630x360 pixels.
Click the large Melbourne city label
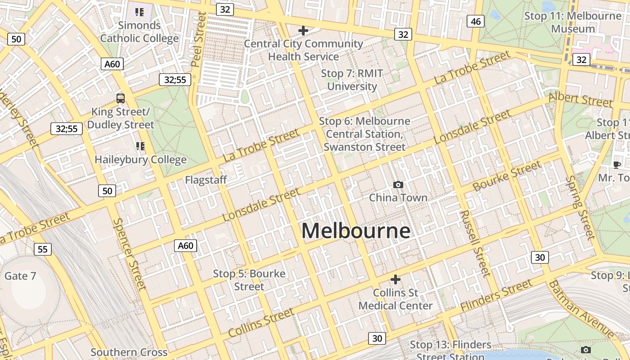(x=355, y=231)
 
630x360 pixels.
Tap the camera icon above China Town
(x=398, y=184)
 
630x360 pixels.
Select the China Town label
(x=398, y=198)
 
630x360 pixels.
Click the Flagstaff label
(x=206, y=180)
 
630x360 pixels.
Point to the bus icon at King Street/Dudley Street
(x=121, y=98)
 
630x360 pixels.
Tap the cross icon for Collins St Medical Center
(x=396, y=279)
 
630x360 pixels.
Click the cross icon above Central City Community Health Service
(x=303, y=31)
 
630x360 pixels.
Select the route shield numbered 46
(x=475, y=21)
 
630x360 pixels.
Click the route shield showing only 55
(x=42, y=249)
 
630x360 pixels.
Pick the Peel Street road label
(x=198, y=40)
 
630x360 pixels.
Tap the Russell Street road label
(x=475, y=243)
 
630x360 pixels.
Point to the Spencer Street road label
(x=130, y=254)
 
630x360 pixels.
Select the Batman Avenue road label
(x=580, y=309)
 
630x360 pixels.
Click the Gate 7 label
(x=20, y=276)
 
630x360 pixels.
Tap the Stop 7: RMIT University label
(x=351, y=80)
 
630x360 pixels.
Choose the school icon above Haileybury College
(x=140, y=146)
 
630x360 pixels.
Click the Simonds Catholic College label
(x=139, y=31)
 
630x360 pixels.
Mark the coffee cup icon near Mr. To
(x=616, y=165)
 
